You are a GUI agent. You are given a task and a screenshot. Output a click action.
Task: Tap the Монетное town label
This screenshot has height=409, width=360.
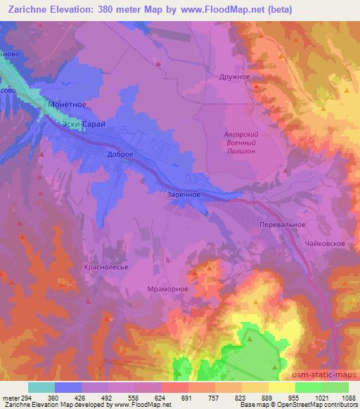pos(67,104)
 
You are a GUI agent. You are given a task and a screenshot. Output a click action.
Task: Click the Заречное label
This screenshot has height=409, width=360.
pos(185,195)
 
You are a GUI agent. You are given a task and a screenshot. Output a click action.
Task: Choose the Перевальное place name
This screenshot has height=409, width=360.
pos(281,224)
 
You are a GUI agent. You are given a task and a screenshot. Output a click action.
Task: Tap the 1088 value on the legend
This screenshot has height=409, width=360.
pos(347,397)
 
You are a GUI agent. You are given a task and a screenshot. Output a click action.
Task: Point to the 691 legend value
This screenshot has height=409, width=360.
pos(188,397)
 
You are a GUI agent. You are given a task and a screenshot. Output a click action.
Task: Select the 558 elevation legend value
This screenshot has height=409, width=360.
pos(135,397)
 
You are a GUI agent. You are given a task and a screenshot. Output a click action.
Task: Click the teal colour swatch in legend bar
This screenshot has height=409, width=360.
pos(41,387)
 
